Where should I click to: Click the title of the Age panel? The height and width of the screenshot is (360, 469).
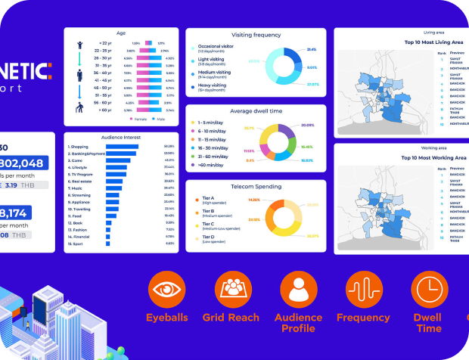[x=120, y=34]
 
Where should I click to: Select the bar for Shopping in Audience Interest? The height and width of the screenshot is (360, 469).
[x=120, y=147]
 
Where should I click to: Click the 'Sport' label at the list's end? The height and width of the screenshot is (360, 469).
[x=76, y=244]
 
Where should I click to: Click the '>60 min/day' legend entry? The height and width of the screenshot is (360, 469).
[x=211, y=166]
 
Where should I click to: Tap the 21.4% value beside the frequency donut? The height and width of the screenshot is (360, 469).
[x=312, y=50]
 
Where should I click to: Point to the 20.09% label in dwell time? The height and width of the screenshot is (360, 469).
[x=307, y=125]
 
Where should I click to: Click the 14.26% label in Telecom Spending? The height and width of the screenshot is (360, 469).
[x=254, y=200]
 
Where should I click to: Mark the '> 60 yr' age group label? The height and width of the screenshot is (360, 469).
[x=105, y=110]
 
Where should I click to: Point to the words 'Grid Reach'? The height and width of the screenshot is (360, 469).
[x=231, y=318]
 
